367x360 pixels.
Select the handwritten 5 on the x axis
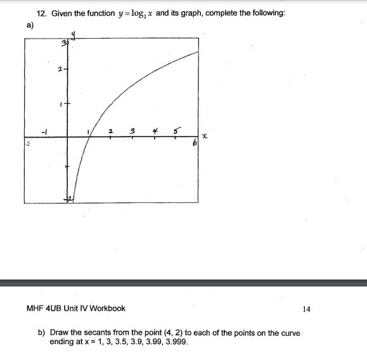click(176, 131)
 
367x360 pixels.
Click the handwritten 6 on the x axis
click(195, 144)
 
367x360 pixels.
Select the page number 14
click(307, 309)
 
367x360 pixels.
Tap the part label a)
click(29, 26)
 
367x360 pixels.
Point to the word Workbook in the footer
click(108, 309)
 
